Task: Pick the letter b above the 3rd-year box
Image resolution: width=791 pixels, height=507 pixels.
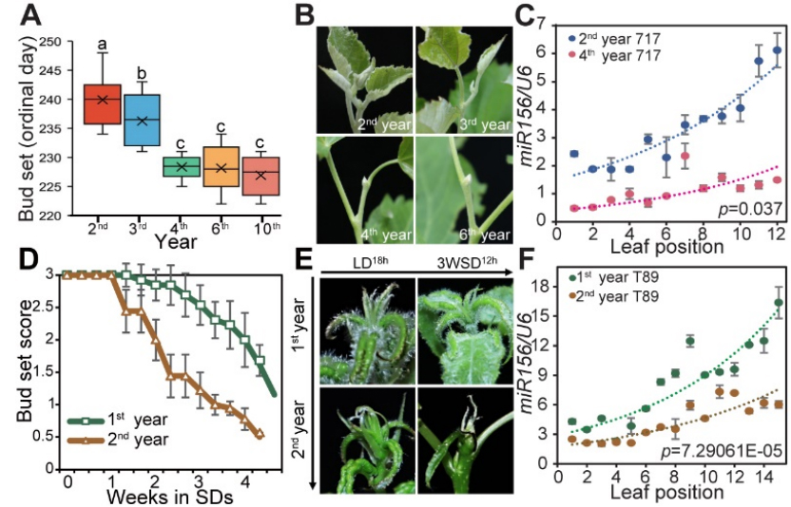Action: tap(142, 72)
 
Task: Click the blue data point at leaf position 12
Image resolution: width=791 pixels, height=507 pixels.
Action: tap(777, 50)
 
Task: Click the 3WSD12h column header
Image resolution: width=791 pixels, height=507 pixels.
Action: tap(462, 263)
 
